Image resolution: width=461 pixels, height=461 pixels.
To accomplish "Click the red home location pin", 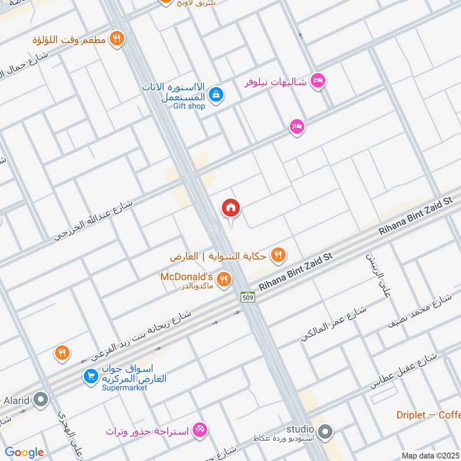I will coord(231,208).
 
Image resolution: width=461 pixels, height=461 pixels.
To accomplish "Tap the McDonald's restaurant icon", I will coord(225,280).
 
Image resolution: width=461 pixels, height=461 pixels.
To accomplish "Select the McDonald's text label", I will coord(186,276).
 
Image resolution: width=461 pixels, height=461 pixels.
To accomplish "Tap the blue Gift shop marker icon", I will coord(216,94).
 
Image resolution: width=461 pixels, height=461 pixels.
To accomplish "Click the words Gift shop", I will coord(189,106).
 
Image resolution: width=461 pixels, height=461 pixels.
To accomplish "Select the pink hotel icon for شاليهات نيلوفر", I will coord(318,81).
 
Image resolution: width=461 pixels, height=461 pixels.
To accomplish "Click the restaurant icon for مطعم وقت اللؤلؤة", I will coord(117,39).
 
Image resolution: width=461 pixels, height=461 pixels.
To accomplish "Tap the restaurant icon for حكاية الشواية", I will coord(278,254).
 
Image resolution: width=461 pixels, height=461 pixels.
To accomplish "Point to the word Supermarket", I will coord(125,388).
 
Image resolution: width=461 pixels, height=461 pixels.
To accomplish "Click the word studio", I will coord(301,429).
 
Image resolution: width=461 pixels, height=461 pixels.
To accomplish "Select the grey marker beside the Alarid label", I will coord(41,398).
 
